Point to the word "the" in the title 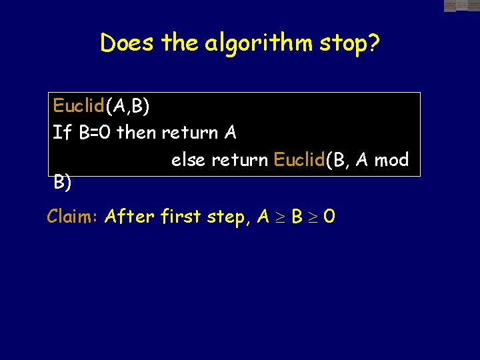(180, 43)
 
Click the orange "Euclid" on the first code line (79, 105)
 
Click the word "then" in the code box (137, 133)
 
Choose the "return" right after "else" (242, 161)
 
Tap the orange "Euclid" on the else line (299, 161)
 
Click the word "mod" (391, 161)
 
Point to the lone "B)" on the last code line (63, 182)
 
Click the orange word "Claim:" (73, 216)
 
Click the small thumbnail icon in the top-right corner (461, 6)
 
